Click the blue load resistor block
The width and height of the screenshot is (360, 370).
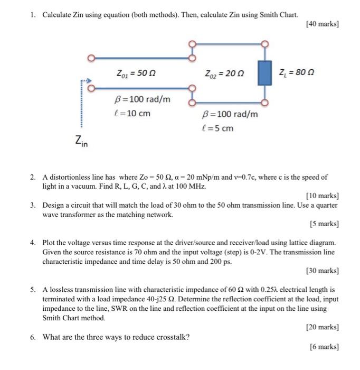[x=263, y=73]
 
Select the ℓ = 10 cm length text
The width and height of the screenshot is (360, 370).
[x=132, y=113]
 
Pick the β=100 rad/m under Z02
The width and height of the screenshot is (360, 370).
[x=230, y=114]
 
